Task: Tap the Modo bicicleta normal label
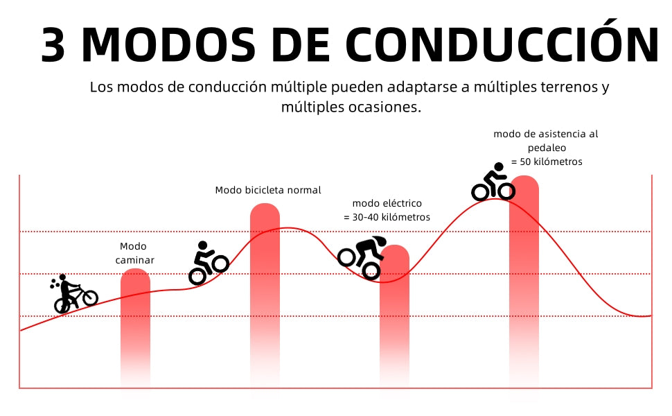(x=268, y=190)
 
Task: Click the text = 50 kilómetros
(x=547, y=162)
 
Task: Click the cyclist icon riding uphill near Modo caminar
(x=208, y=263)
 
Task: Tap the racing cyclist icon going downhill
(x=362, y=257)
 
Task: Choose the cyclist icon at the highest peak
(x=493, y=183)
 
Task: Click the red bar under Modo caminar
(x=135, y=326)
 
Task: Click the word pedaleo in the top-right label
(x=547, y=148)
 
